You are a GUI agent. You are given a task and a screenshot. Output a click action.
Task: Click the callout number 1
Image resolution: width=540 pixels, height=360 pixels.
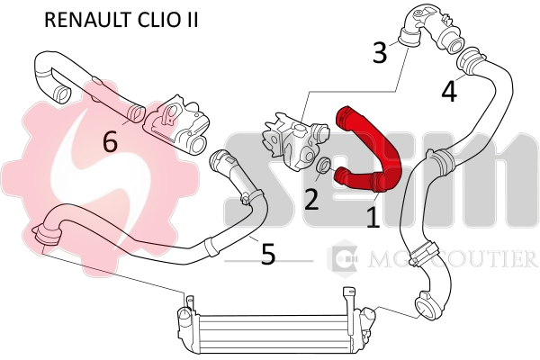click(373, 216)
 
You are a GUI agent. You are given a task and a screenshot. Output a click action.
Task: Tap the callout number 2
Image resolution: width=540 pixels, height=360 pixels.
click(311, 198)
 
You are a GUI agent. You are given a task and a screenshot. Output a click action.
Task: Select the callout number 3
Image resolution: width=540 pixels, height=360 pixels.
click(380, 53)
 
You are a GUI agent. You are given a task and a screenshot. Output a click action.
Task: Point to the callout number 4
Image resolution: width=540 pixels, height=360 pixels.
click(448, 91)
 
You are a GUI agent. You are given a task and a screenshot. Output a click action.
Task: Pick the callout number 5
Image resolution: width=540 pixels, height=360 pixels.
click(267, 255)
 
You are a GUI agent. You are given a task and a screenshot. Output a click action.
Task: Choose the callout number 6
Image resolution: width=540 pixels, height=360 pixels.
click(110, 141)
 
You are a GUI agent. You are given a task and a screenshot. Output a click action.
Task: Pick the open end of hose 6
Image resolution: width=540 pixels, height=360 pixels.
click(61, 93)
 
